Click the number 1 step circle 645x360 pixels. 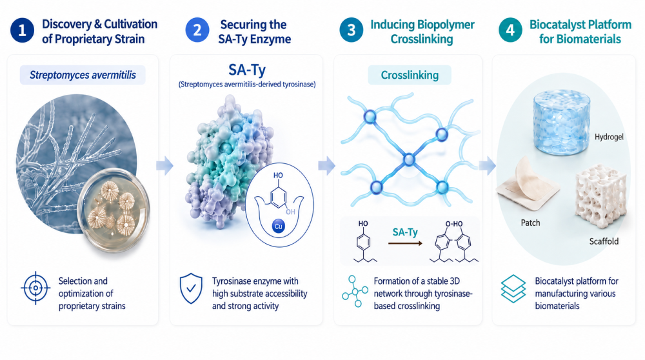click(x=22, y=30)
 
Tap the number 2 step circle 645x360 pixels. click(x=197, y=30)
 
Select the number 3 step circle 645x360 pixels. click(x=352, y=30)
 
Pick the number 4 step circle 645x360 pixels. click(x=510, y=30)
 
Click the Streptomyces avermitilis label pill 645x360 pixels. click(x=83, y=75)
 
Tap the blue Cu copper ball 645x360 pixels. click(x=279, y=226)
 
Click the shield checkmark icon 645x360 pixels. click(x=191, y=288)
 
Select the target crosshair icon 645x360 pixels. click(x=35, y=288)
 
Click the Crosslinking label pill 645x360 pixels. click(x=410, y=75)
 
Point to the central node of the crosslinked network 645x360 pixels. click(x=409, y=159)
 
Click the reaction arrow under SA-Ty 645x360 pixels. click(x=405, y=244)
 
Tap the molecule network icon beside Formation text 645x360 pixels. click(x=355, y=292)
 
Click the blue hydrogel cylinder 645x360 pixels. click(x=562, y=123)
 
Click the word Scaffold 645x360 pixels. click(x=604, y=241)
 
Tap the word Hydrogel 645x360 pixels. click(x=609, y=137)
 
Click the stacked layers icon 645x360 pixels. click(x=513, y=289)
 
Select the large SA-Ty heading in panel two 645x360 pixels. click(x=247, y=70)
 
